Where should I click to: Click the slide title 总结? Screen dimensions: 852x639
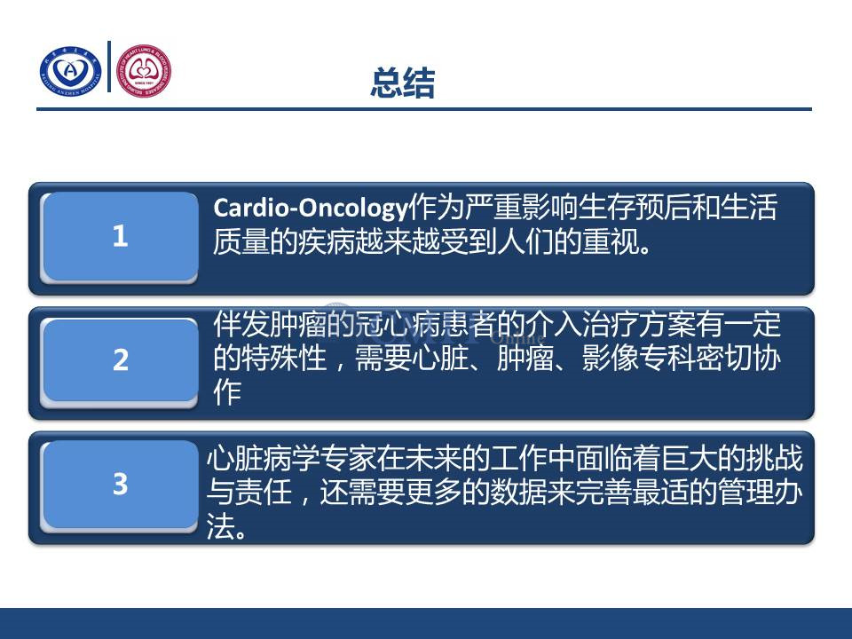click(403, 83)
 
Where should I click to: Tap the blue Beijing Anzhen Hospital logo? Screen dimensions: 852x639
click(71, 71)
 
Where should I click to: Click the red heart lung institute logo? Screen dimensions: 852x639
click(144, 71)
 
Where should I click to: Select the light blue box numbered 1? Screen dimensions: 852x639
click(120, 236)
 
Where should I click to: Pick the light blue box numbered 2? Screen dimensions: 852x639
click(120, 360)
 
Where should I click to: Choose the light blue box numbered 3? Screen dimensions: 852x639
click(120, 485)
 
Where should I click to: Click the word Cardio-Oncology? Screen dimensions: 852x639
click(311, 208)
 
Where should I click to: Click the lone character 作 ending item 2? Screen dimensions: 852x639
click(227, 391)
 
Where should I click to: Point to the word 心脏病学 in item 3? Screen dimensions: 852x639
click(263, 459)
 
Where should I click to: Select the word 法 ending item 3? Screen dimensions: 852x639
click(220, 526)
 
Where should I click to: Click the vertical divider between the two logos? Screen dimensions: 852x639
click(109, 67)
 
